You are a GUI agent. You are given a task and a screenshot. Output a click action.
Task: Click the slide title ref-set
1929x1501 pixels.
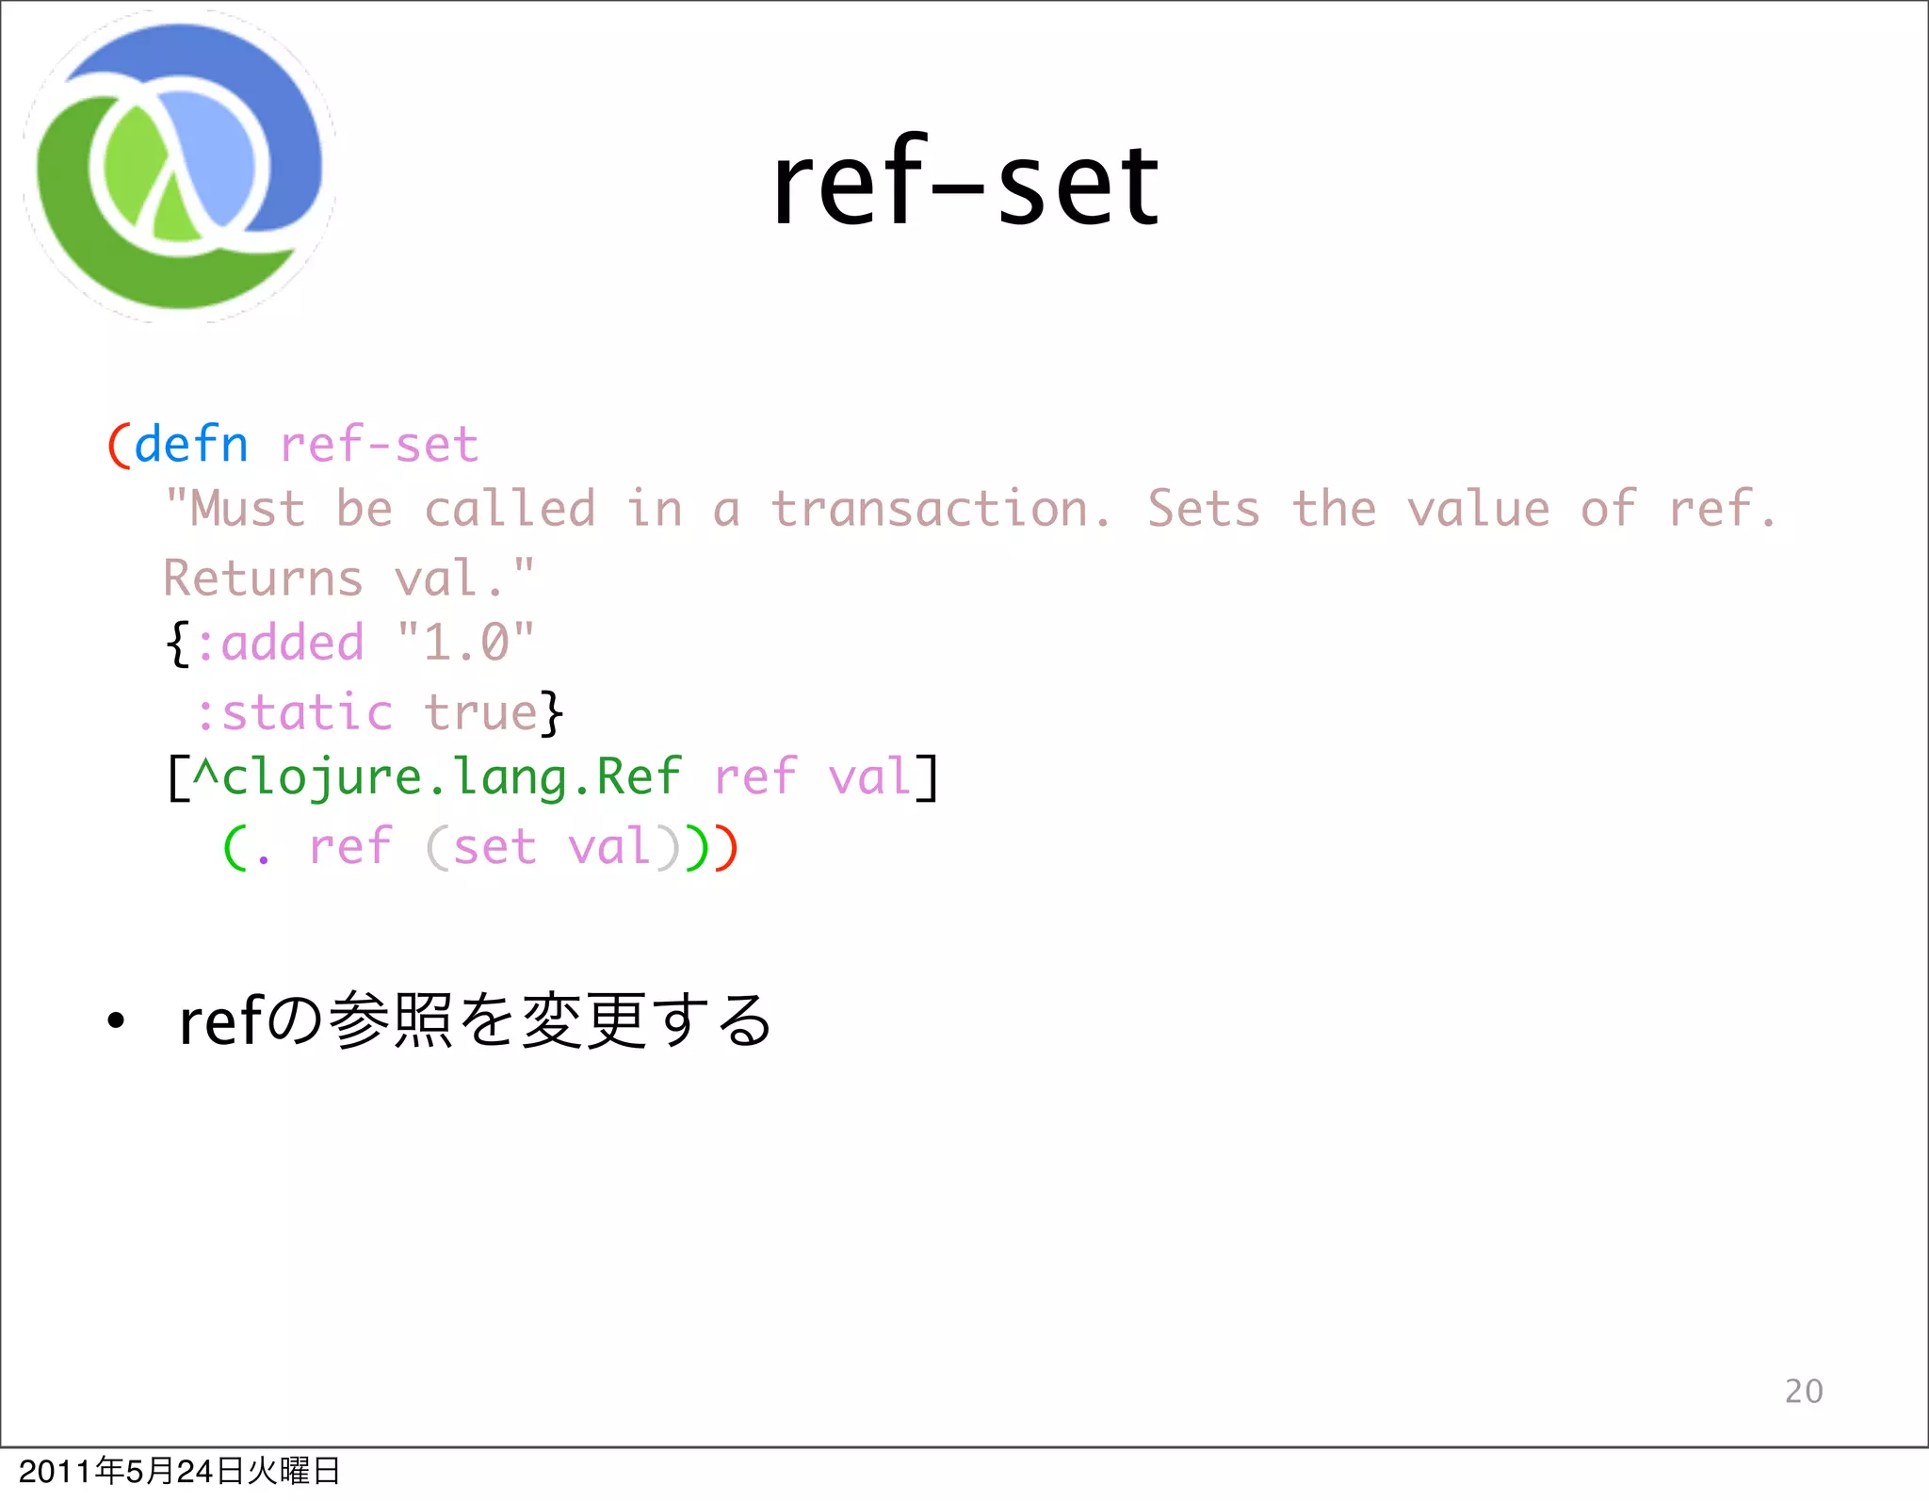(965, 184)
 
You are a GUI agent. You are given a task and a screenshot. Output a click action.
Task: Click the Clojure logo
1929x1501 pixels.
(179, 168)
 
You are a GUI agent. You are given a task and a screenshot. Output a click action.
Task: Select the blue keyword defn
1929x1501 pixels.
(191, 445)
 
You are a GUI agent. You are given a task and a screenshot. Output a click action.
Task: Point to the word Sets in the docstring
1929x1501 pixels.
(1203, 510)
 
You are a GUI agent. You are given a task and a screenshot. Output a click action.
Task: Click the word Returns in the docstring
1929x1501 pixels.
(263, 579)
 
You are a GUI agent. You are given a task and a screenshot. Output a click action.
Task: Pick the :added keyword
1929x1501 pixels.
(280, 644)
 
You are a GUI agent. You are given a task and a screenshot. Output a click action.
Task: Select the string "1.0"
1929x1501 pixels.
(465, 644)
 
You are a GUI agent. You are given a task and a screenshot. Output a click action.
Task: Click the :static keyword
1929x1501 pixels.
(294, 712)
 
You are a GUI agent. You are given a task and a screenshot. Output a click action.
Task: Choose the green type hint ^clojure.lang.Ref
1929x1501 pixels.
(436, 778)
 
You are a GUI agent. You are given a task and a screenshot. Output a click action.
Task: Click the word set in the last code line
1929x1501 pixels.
(494, 847)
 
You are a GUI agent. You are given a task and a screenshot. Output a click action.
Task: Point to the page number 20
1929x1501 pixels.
(1804, 1391)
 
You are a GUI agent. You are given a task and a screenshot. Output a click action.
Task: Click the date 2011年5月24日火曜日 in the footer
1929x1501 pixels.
(179, 1471)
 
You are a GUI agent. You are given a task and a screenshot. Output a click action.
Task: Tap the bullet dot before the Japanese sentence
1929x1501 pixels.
(115, 1020)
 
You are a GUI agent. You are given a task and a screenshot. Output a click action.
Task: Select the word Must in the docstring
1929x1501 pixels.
(248, 510)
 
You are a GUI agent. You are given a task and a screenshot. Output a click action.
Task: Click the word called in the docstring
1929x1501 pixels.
(510, 510)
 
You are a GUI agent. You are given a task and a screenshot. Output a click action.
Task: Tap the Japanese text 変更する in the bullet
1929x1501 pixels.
(646, 1020)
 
